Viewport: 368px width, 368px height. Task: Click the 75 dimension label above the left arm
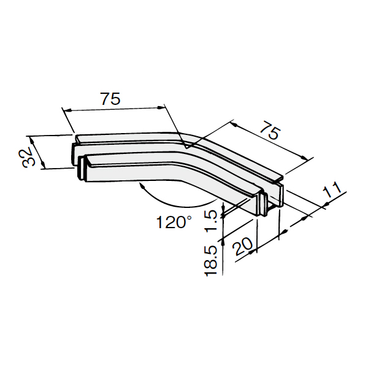point(110,99)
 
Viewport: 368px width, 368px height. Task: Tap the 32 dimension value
point(27,156)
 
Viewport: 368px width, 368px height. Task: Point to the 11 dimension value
point(332,190)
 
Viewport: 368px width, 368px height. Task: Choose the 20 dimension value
point(242,246)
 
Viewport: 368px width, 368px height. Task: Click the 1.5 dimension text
point(212,220)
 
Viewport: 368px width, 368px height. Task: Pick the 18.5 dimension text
point(210,261)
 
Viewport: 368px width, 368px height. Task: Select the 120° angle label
point(174,222)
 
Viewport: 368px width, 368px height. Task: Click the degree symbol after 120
point(189,218)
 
